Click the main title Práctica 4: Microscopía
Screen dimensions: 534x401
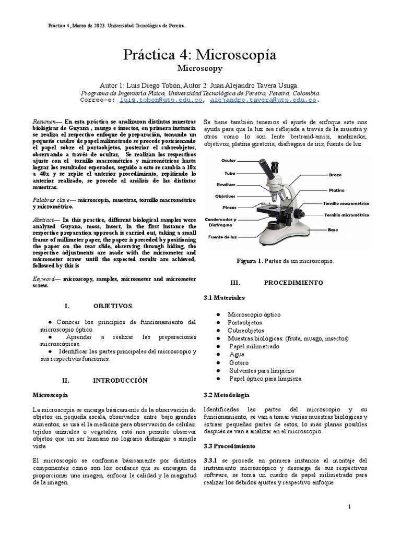pos(200,55)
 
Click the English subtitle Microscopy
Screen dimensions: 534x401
pos(200,68)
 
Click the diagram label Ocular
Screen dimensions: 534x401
pos(228,161)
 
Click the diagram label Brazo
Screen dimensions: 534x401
pos(335,175)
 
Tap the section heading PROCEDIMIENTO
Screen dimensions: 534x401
pos(293,282)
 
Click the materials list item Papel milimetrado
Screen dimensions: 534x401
pos(254,346)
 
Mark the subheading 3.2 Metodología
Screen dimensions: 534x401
pos(227,395)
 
